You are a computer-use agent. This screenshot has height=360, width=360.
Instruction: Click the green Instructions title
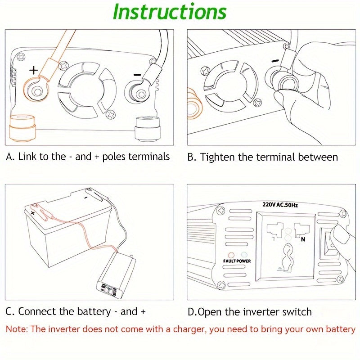pos(169,12)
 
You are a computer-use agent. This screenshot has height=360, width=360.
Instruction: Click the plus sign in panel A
pos(34,70)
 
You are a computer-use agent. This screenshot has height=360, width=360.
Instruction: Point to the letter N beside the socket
pos(303,239)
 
